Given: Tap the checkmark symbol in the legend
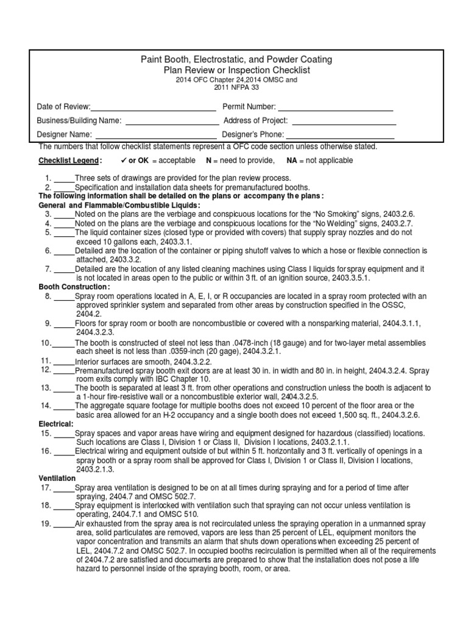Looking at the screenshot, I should coord(124,160).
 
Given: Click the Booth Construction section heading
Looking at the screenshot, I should coord(74,286).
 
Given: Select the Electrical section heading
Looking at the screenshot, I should coord(56,423).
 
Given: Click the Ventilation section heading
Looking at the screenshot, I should coord(58,478).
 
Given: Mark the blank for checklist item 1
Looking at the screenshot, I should coord(64,178).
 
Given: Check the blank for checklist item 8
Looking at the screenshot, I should coord(64,296).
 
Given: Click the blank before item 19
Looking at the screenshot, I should coord(64,524).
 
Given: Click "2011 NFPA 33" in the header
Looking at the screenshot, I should coord(234,88).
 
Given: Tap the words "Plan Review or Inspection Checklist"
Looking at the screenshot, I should coord(234,70).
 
